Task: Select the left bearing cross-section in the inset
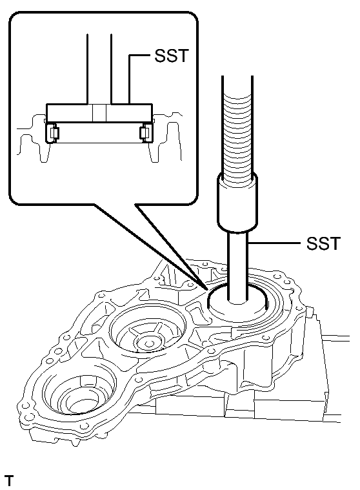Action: tap(52, 134)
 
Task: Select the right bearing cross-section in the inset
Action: tap(145, 134)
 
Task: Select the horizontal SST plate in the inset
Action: tap(99, 112)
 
